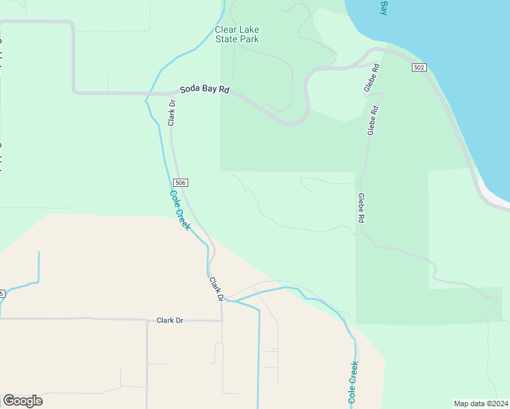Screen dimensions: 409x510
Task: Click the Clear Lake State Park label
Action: coord(237,34)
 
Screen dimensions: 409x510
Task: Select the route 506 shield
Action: coord(180,183)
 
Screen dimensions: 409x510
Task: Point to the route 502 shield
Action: coord(419,67)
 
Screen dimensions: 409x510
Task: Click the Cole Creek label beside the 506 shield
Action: coord(179,209)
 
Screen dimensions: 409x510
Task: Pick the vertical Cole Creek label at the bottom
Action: coord(352,382)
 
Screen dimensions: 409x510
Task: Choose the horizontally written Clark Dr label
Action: coord(170,320)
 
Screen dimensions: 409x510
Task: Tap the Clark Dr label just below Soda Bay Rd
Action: coord(172,112)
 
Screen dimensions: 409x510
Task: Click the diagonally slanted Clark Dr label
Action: coord(216,289)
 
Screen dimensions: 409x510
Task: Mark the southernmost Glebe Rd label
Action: coord(361,209)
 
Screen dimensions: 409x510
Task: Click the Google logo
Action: coord(22,401)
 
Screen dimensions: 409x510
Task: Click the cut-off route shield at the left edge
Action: coord(2,294)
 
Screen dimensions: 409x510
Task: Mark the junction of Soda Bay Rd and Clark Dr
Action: coord(170,93)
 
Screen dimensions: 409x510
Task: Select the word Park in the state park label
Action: coord(247,39)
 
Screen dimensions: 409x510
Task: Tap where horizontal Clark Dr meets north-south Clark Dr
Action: coord(222,318)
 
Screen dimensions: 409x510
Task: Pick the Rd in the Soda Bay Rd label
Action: coord(224,90)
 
